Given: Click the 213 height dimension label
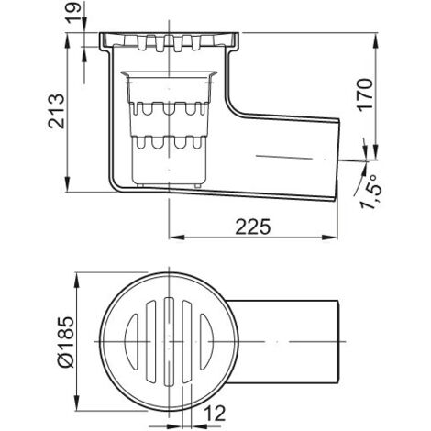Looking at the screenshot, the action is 56,111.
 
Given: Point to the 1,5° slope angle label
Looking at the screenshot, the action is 370,193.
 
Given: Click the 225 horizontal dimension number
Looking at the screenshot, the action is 253,227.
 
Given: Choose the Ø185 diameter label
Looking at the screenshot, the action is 65,342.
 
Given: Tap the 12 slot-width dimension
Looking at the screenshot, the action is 215,413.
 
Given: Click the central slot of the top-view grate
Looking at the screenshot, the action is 169,341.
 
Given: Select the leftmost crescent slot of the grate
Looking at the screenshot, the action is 131,341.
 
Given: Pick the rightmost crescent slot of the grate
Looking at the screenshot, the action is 206,341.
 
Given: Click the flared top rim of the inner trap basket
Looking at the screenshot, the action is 169,74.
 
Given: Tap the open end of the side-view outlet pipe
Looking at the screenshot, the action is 337,160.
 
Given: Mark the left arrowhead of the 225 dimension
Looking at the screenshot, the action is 177,238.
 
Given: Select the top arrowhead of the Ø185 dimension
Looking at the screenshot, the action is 76,281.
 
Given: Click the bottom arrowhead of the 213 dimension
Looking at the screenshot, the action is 68,184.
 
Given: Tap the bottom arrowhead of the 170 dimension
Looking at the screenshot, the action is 376,151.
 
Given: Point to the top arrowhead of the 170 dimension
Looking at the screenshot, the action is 376,40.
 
